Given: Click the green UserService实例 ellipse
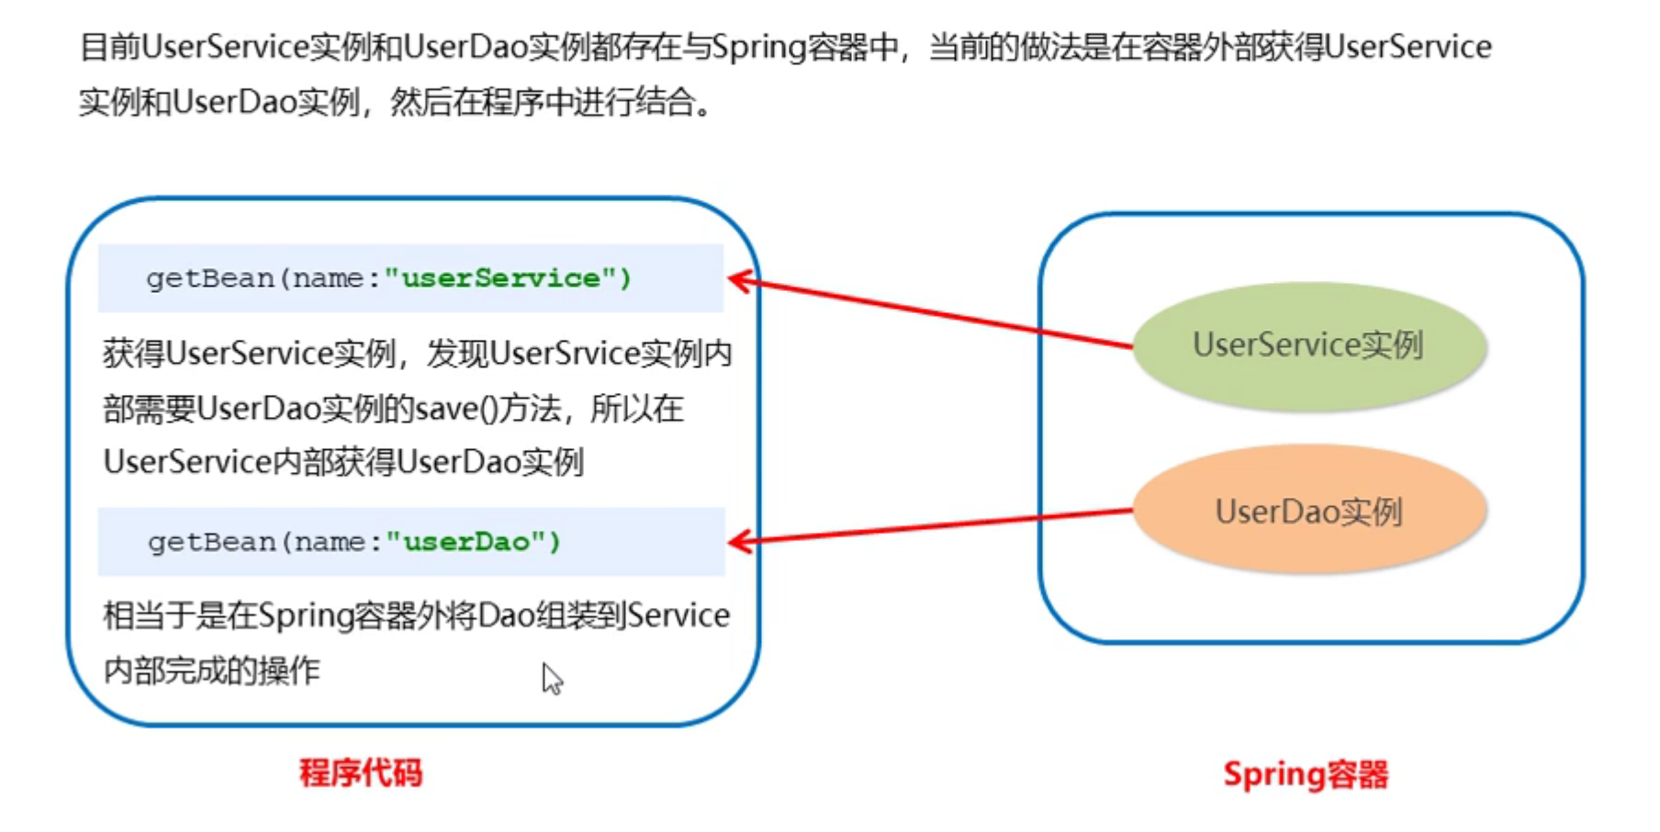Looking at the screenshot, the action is click(x=1309, y=345).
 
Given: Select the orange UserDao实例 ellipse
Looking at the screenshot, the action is click(x=1309, y=510).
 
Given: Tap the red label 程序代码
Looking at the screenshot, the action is click(x=361, y=773).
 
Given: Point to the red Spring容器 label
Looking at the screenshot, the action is click(x=1306, y=775).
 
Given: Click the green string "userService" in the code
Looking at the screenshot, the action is click(x=501, y=278).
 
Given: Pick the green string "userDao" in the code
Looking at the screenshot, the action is click(x=466, y=542).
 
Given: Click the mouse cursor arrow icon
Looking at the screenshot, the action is click(x=552, y=679).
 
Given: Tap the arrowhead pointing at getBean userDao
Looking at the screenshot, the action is click(x=742, y=542).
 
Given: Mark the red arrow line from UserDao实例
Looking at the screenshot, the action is click(x=930, y=526).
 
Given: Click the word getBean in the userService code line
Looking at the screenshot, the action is click(x=210, y=278).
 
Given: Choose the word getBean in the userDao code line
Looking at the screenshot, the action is click(x=212, y=542).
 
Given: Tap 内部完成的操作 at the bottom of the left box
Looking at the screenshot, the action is click(x=211, y=671).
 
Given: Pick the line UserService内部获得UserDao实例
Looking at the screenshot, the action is click(x=343, y=462).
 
